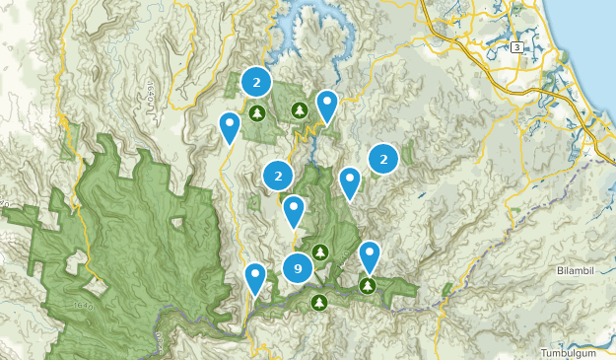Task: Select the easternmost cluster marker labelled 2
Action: [383, 158]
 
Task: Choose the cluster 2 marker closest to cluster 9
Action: [279, 177]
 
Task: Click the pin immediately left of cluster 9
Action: [255, 277]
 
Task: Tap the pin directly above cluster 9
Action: [293, 210]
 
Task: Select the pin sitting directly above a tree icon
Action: [370, 255]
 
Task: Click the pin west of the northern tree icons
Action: [229, 126]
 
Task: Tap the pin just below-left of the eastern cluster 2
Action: [350, 181]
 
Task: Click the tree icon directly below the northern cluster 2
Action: [256, 113]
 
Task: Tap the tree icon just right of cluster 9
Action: [320, 253]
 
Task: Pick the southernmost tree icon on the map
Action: [318, 302]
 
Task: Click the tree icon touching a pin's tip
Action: [368, 286]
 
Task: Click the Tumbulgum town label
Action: [578, 352]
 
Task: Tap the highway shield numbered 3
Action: [516, 46]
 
